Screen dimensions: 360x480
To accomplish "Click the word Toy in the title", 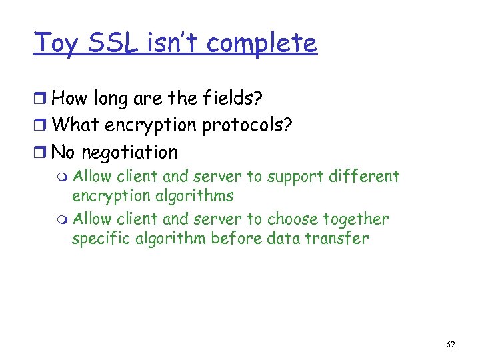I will pos(58,43).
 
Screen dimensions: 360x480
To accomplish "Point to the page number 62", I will pos(451,344).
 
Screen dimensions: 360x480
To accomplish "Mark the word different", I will pos(366,177).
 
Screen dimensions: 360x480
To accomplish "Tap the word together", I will pos(355,219).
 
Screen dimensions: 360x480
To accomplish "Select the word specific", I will pos(98,239).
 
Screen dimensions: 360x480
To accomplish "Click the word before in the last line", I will pos(236,239).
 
